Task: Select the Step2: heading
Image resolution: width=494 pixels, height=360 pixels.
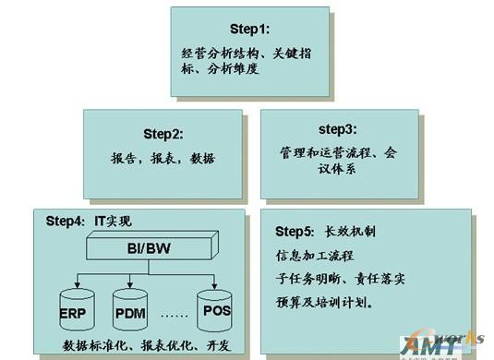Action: click(x=166, y=132)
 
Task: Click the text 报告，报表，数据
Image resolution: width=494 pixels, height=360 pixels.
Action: click(x=167, y=158)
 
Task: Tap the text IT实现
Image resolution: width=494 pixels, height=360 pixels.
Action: click(x=115, y=222)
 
